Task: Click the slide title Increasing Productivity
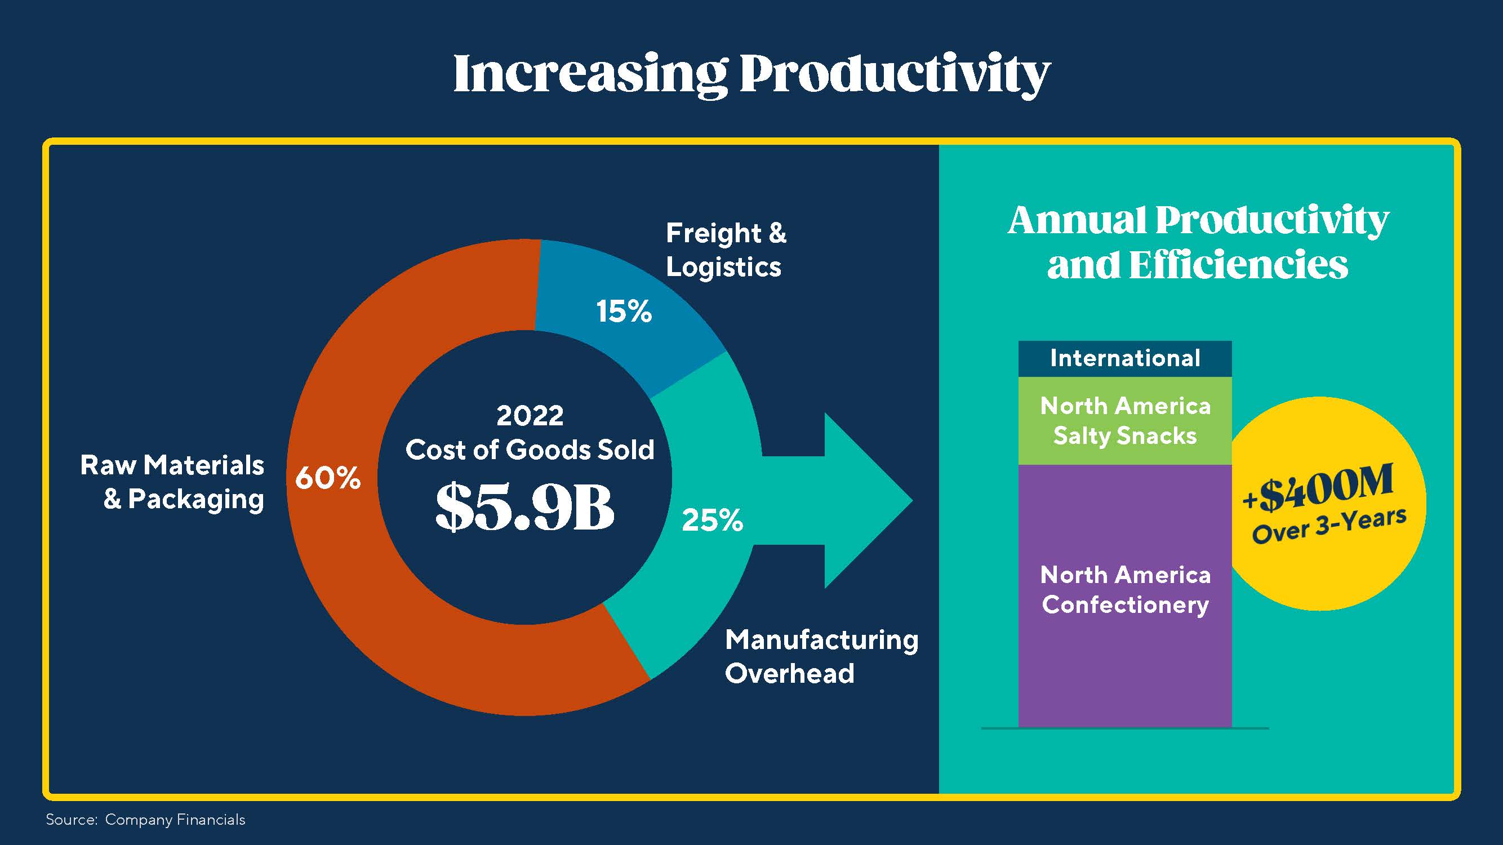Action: coord(751,75)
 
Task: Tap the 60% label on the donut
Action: coord(328,477)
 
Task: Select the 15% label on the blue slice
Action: coord(623,311)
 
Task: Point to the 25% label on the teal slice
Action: coord(712,520)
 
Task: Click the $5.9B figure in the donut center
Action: coord(524,506)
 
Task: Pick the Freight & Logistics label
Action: coord(725,250)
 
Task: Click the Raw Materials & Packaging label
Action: coord(173,482)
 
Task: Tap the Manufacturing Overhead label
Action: coord(821,656)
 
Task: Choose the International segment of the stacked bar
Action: coord(1124,358)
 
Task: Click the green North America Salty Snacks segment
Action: coord(1124,421)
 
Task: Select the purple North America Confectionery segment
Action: coord(1124,660)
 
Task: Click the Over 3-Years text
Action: coord(1328,526)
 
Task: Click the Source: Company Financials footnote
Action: coord(145,819)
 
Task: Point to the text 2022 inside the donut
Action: coord(530,416)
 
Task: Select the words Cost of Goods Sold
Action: coord(530,450)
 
